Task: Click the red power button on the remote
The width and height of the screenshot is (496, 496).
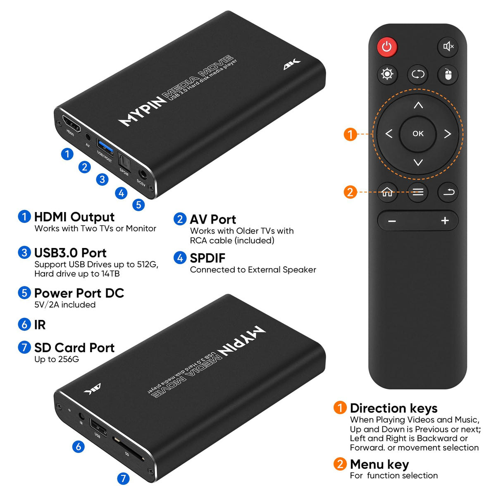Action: [387, 47]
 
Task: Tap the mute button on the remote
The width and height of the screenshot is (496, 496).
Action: [448, 47]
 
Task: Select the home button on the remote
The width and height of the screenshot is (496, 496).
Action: [387, 192]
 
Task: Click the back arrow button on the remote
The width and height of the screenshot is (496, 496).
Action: [448, 192]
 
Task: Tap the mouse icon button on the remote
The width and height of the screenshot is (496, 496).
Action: [448, 75]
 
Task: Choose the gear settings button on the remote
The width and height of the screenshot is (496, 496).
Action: [387, 74]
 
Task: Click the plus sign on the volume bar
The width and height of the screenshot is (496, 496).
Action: [445, 221]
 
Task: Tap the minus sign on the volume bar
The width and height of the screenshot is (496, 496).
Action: [392, 221]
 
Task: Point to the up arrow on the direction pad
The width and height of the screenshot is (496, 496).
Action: [418, 105]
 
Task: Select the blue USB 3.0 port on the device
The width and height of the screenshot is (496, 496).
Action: [105, 148]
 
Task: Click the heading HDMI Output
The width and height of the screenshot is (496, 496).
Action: [74, 217]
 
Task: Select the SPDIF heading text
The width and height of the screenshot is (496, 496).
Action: [207, 258]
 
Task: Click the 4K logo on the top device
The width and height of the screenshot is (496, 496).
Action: [292, 64]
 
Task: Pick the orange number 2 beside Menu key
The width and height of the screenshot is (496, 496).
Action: [340, 464]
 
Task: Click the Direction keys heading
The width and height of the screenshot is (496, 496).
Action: [393, 408]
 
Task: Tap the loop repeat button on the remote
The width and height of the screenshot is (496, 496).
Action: [417, 75]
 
